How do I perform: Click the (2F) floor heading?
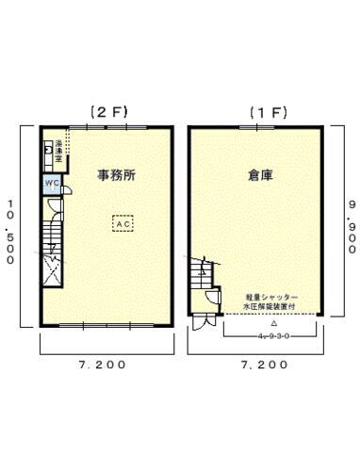(x=108, y=112)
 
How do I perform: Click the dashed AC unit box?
(x=123, y=224)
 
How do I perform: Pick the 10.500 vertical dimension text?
(x=10, y=232)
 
